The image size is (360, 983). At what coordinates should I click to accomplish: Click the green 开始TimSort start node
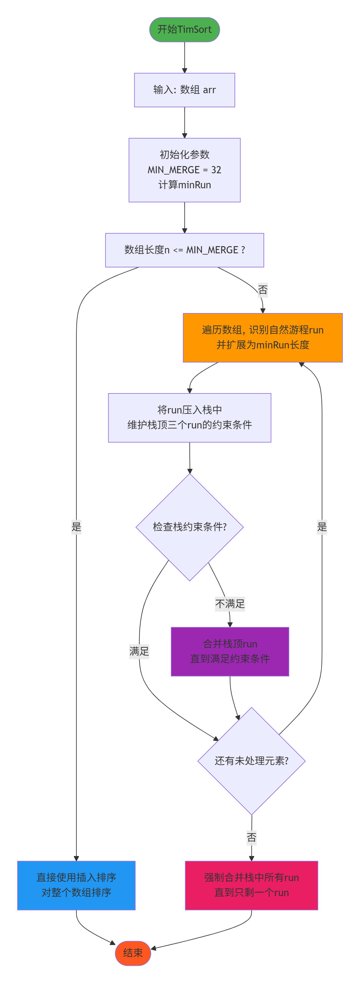pos(184,29)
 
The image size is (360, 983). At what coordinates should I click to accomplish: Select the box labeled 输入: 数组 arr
pos(184,90)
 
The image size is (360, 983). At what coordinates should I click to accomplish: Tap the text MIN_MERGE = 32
pos(184,170)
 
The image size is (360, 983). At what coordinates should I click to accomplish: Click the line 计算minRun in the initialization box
pos(184,185)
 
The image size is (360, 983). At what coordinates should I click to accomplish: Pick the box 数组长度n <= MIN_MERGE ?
pos(184,250)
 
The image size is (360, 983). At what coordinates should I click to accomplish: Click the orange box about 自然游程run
pos(263,337)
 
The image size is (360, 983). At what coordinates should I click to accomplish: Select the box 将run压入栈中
pos(189,418)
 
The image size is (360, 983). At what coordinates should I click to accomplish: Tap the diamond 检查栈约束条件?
pos(189,527)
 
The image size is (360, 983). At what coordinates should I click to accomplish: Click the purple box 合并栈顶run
pos(230,651)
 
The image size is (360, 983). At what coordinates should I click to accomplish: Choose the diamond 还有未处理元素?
pos(251,761)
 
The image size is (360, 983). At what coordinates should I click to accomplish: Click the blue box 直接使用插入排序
pos(76,885)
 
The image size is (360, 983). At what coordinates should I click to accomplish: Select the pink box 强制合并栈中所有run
pos(251,885)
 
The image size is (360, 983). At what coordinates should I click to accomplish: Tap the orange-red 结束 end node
pos(133,953)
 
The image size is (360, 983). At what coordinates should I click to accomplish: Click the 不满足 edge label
pos(230,604)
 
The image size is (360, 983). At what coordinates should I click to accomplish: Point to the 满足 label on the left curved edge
pos(139,651)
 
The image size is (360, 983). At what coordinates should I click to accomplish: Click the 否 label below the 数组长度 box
pos(263,290)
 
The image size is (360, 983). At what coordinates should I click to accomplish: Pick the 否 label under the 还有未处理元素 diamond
pos(251,837)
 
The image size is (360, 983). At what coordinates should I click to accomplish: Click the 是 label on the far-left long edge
pos(76,527)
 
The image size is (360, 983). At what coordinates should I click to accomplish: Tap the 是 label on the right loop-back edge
pos(322,527)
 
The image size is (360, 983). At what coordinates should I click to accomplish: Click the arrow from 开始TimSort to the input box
pos(184,57)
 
